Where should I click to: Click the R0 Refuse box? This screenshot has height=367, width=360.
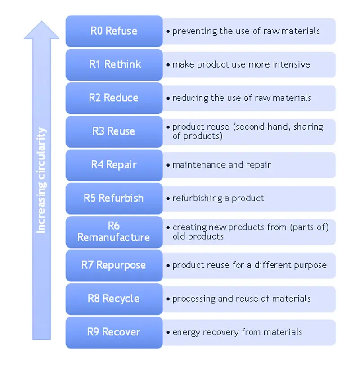point(114,31)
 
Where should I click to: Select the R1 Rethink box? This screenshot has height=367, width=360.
point(114,64)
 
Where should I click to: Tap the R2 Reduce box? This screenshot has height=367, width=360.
point(114,98)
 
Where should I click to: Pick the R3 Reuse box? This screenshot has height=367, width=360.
point(114,131)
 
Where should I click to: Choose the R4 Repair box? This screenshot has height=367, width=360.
point(114,165)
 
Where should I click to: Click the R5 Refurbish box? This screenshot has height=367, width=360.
point(114,198)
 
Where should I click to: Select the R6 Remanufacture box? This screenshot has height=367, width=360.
point(114,231)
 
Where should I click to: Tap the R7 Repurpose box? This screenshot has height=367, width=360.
point(114,265)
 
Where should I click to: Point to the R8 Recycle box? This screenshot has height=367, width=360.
point(114,298)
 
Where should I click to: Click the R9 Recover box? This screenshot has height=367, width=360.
point(114,332)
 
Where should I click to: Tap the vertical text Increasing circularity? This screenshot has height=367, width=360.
point(41,180)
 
